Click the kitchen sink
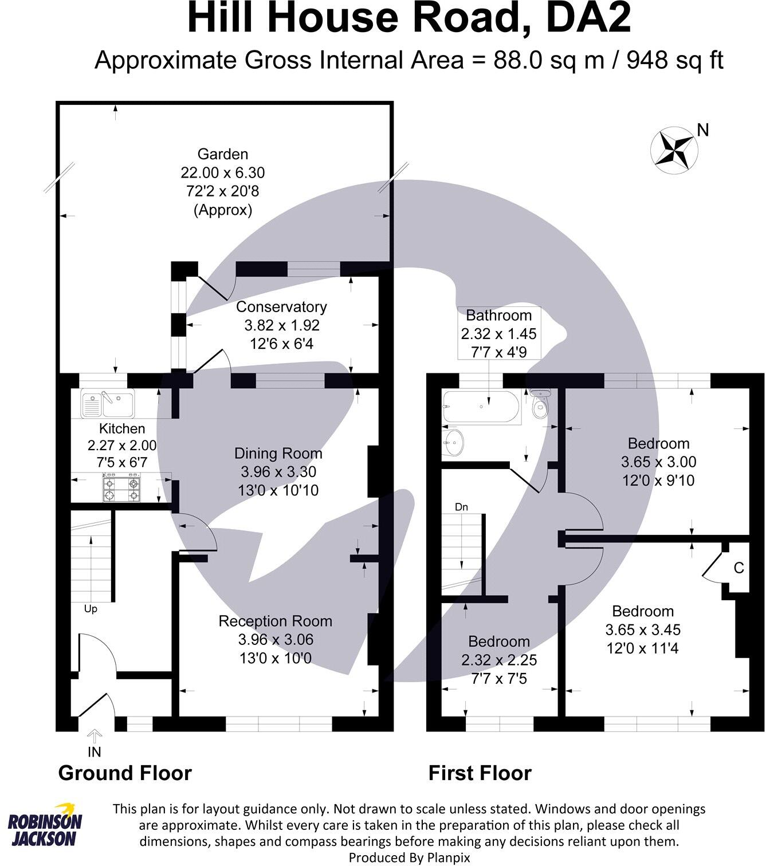point(107,403)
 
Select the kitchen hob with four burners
point(121,487)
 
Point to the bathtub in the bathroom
point(481,407)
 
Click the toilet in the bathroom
point(539,404)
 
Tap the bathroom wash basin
point(453,442)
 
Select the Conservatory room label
point(281,307)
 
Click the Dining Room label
point(278,454)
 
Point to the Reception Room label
point(276,621)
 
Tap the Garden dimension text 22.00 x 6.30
point(223,172)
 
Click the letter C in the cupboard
point(739,568)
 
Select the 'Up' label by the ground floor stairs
point(91,609)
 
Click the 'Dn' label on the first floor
point(461,507)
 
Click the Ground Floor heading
point(125,773)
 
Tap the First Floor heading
point(480,773)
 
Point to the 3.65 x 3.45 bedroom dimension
point(643,630)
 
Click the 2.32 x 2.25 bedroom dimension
point(499,660)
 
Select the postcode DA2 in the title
point(589,19)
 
